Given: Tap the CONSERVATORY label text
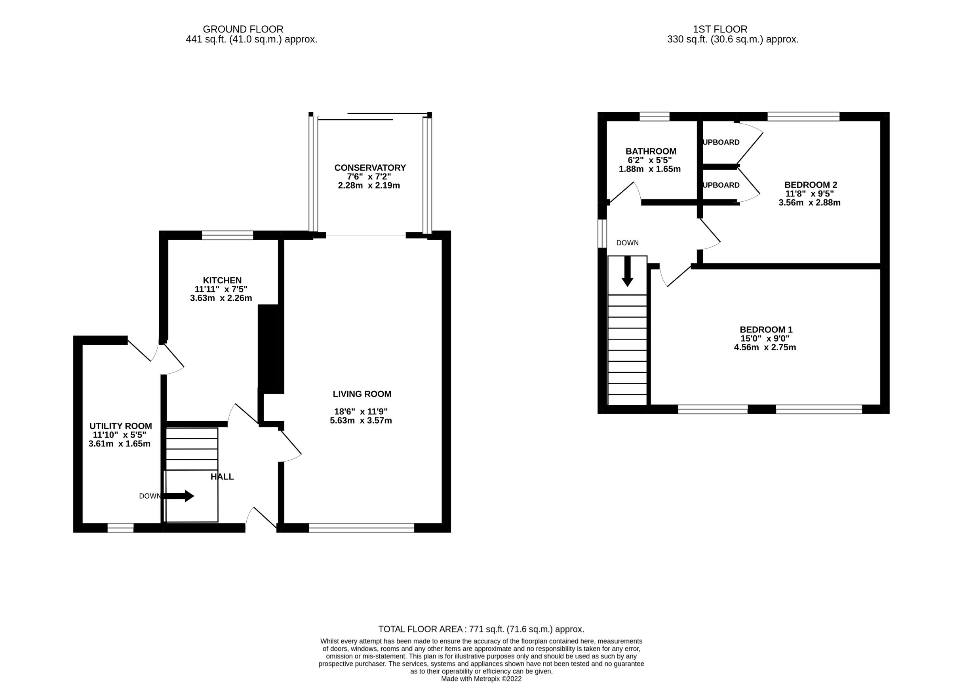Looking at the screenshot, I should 370,168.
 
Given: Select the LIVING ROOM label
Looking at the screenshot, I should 362,394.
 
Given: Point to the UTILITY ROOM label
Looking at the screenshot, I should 120,426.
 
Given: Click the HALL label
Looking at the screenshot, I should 222,477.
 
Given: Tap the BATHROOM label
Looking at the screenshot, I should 651,151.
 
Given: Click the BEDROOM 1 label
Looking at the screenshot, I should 766,330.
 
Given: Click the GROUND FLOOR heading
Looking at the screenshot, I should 243,29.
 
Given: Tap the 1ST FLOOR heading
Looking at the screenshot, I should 720,29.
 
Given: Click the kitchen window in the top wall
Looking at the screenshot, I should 227,235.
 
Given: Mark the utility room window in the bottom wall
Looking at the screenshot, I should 121,528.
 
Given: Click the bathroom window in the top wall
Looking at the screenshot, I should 654,116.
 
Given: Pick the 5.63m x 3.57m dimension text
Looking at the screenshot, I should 361,421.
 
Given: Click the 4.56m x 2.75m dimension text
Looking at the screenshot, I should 765,347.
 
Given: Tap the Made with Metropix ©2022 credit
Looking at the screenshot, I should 481,679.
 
